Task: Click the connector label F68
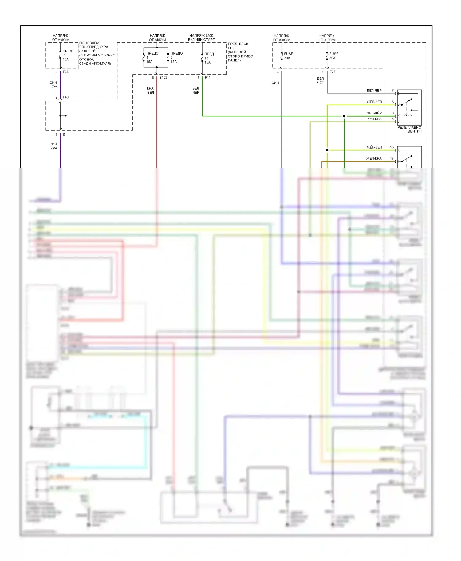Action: click(66, 72)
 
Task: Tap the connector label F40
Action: click(66, 97)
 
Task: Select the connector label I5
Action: click(64, 135)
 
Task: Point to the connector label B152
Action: click(163, 78)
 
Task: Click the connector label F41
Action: click(208, 78)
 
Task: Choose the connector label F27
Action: click(333, 72)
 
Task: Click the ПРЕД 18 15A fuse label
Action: click(209, 58)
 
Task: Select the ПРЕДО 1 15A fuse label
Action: click(152, 57)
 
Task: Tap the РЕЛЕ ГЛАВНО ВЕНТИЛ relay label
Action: click(409, 129)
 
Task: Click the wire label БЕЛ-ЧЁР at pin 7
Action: click(374, 91)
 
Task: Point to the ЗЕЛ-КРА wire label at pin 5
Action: click(374, 119)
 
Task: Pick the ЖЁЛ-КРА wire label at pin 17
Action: click(374, 158)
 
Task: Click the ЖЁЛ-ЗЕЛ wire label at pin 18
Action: click(374, 147)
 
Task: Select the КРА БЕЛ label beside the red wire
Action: click(150, 90)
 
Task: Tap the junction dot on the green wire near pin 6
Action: click(344, 116)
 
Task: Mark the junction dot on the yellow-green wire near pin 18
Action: click(327, 150)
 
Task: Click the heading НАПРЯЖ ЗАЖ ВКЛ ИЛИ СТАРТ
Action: click(201, 37)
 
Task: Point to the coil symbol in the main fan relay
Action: click(407, 116)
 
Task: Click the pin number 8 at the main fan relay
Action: click(392, 102)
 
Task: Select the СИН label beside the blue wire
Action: click(275, 83)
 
